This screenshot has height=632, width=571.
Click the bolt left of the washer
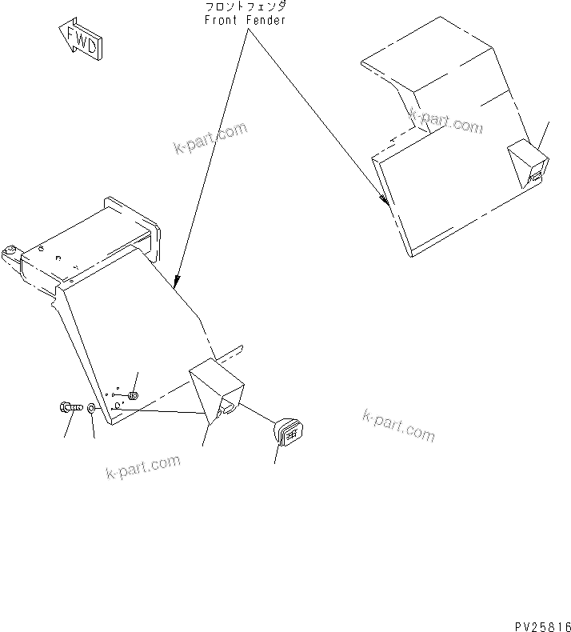pyautogui.click(x=71, y=408)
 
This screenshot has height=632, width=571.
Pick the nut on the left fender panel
pyautogui.click(x=133, y=395)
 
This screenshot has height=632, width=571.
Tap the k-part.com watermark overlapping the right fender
pyautogui.click(x=446, y=122)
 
